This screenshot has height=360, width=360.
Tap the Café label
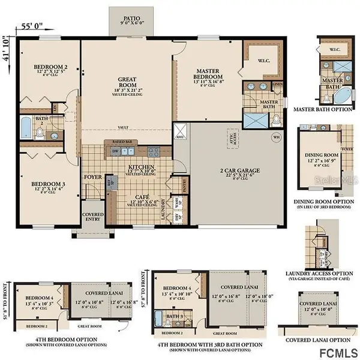point(140,197)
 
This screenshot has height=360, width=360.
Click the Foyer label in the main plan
point(92,177)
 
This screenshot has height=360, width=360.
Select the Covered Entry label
point(92,217)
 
